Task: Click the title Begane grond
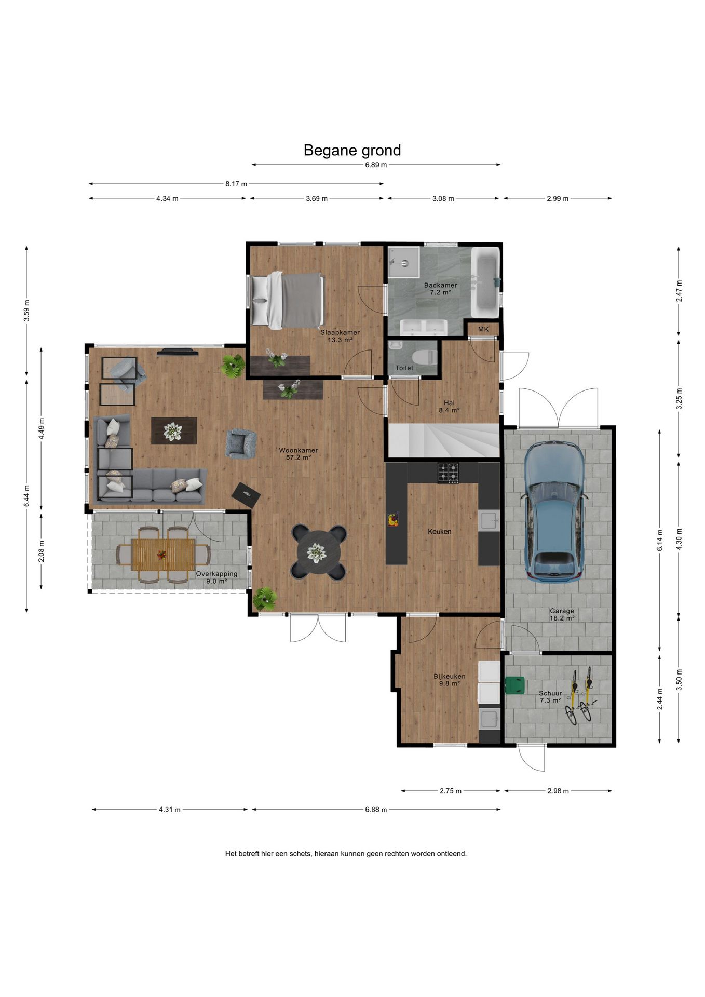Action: pyautogui.click(x=352, y=151)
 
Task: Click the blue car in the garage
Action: pyautogui.click(x=554, y=511)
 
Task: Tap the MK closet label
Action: pyautogui.click(x=483, y=329)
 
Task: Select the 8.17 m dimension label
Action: pyautogui.click(x=236, y=184)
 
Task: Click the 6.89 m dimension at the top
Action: pyautogui.click(x=376, y=165)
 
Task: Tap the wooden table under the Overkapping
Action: pyautogui.click(x=163, y=554)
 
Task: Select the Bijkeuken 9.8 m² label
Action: pyautogui.click(x=450, y=680)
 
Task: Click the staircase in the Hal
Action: pyautogui.click(x=443, y=440)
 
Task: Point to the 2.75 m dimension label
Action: pyautogui.click(x=450, y=791)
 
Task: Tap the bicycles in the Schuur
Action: pyautogui.click(x=581, y=696)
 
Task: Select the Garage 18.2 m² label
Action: pyautogui.click(x=562, y=615)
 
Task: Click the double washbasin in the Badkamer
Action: pyautogui.click(x=424, y=327)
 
